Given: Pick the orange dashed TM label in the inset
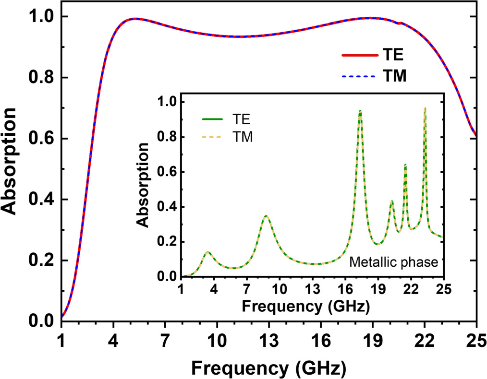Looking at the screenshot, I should (x=239, y=138).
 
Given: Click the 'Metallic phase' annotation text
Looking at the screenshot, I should (x=394, y=262).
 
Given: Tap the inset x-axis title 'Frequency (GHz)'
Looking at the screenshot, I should (x=306, y=306).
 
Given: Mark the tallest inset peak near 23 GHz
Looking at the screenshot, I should (x=425, y=109).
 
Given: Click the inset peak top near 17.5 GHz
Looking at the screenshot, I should (x=360, y=111).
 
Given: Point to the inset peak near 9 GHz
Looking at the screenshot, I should (x=266, y=216).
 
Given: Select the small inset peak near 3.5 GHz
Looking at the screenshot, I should (x=207, y=252).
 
